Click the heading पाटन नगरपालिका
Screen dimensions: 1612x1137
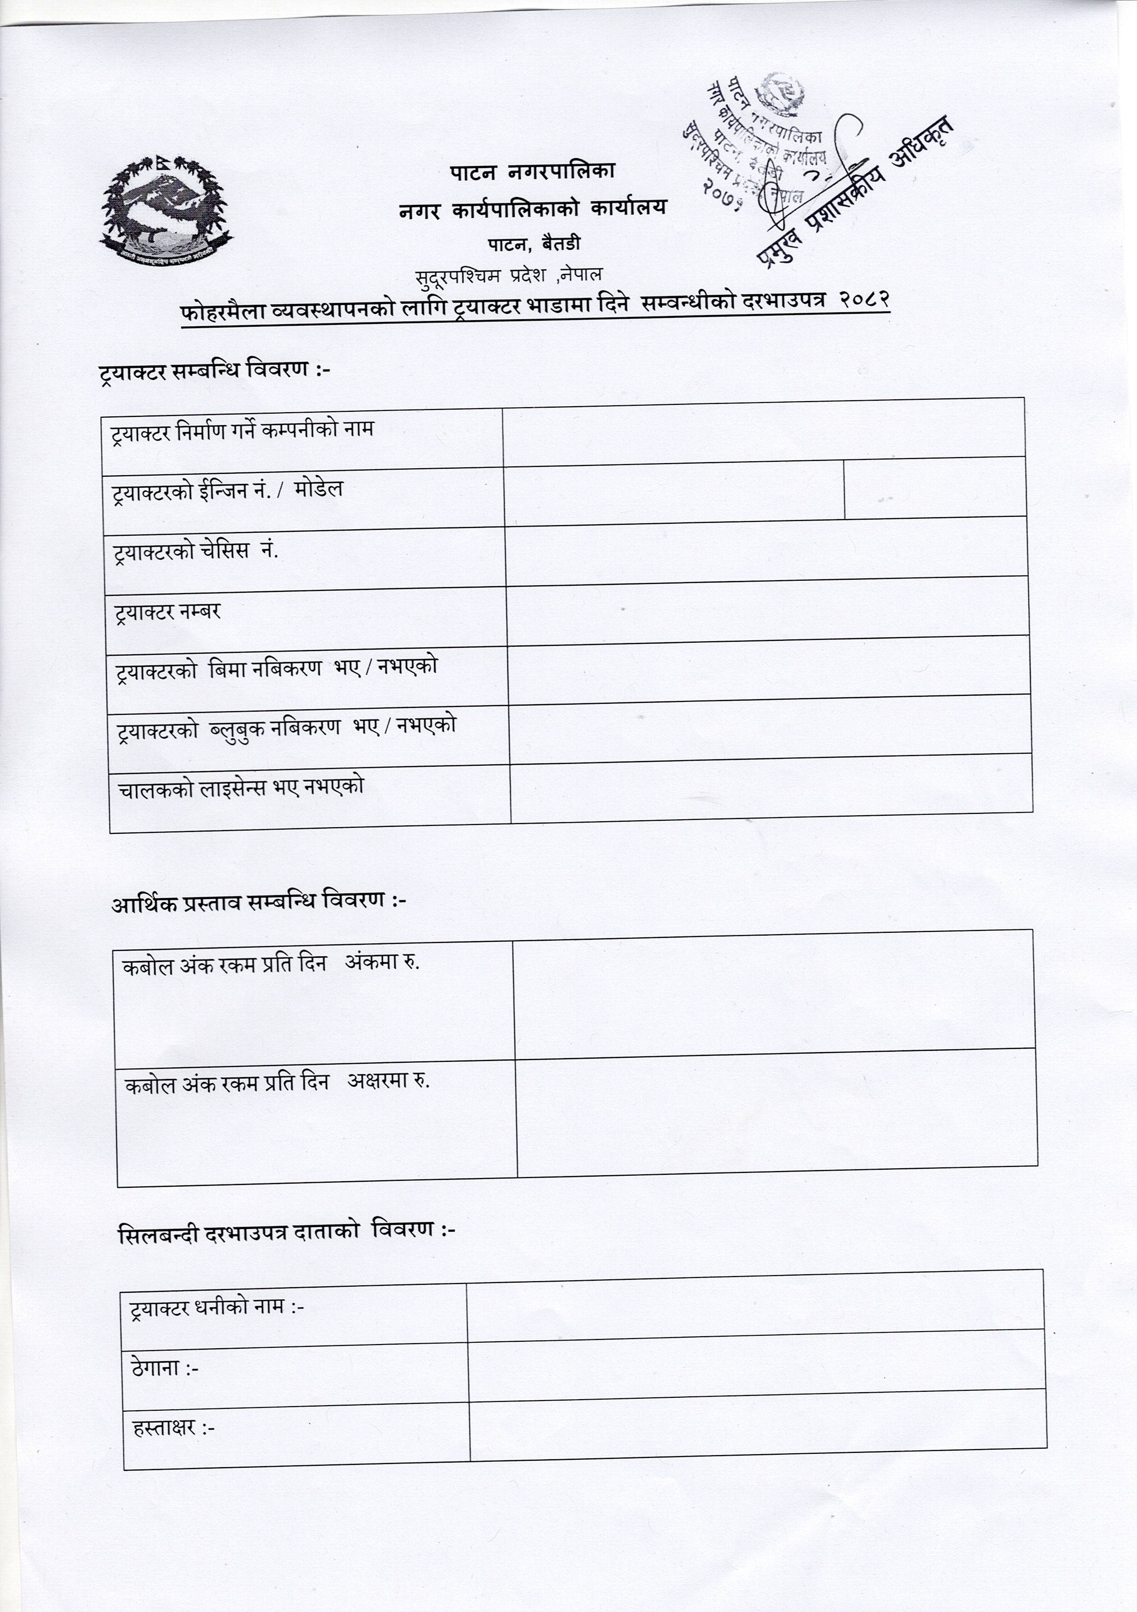532,171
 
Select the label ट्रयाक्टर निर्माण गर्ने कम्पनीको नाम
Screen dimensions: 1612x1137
242,430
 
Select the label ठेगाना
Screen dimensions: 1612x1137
165,1368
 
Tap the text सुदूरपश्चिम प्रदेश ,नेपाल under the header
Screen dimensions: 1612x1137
509,275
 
